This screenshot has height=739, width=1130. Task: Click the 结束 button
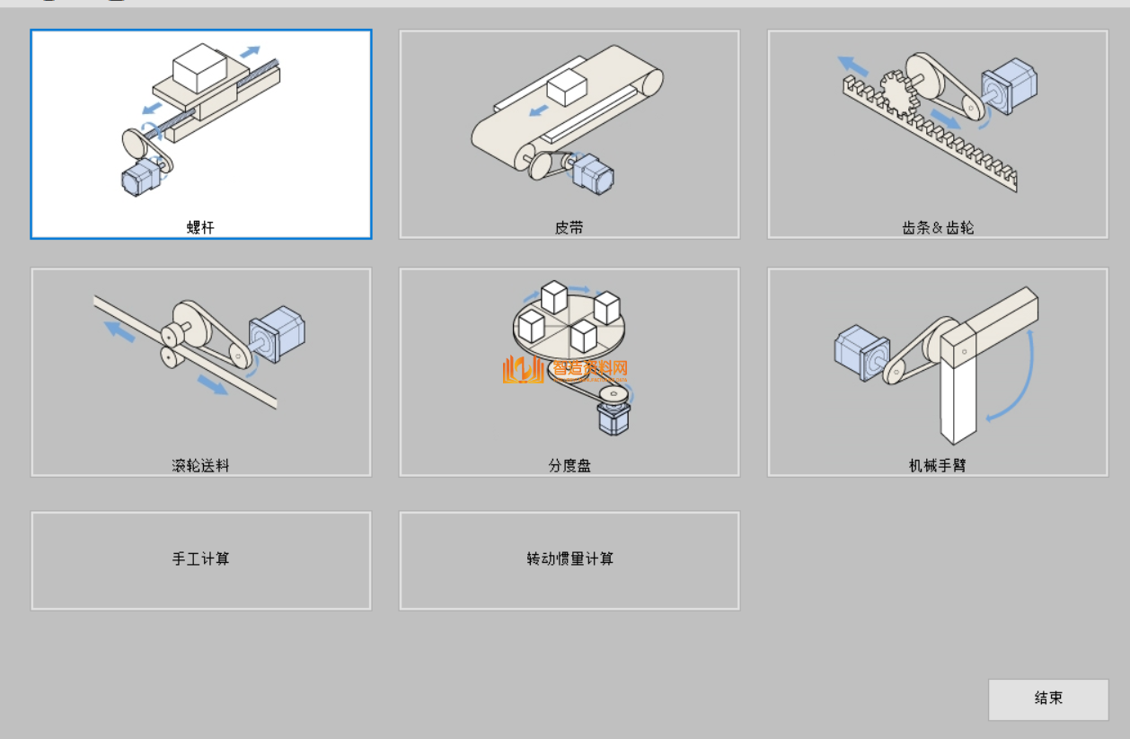click(x=1048, y=699)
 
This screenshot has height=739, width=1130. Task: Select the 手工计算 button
click(x=200, y=559)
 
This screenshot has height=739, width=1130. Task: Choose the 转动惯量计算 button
click(x=569, y=559)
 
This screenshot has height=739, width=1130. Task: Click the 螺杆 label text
click(x=200, y=227)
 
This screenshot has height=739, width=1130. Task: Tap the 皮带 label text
click(x=569, y=227)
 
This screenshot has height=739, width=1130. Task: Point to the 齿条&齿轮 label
click(x=937, y=227)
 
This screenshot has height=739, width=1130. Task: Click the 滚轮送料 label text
click(x=200, y=465)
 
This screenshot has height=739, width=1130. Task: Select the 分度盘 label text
click(x=569, y=465)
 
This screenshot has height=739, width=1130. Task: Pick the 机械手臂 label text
click(x=937, y=465)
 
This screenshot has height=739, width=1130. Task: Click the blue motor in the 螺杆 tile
click(x=140, y=177)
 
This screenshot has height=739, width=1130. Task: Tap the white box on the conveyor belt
click(x=567, y=87)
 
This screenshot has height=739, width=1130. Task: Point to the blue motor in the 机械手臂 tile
click(x=861, y=351)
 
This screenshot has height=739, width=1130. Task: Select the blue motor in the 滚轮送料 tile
click(x=277, y=333)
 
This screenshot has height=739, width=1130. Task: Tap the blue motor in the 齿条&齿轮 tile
click(x=1009, y=85)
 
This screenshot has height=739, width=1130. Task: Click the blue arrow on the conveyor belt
click(x=539, y=110)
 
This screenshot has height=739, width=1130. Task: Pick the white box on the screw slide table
click(x=199, y=67)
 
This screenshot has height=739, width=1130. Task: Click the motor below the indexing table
click(x=614, y=418)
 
